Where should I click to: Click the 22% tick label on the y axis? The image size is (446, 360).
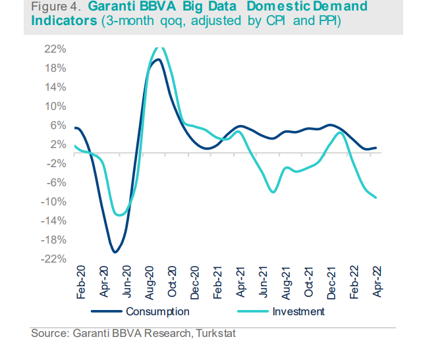55,49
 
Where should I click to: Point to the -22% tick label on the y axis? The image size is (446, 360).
54,259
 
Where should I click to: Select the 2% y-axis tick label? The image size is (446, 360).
58,145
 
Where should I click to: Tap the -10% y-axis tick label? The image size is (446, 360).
54,202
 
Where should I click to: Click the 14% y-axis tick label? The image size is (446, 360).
55,88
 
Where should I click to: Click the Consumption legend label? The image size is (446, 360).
157,311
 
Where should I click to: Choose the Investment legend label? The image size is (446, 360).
298,311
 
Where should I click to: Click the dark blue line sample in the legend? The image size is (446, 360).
106,311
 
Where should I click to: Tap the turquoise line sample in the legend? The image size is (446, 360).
250,311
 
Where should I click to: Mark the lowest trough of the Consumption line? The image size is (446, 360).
115,252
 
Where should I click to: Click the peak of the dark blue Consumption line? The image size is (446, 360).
157,59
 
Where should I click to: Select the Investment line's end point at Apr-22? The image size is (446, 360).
376,197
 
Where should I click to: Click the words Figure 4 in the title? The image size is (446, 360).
56,7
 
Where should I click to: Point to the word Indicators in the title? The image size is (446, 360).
62,20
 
